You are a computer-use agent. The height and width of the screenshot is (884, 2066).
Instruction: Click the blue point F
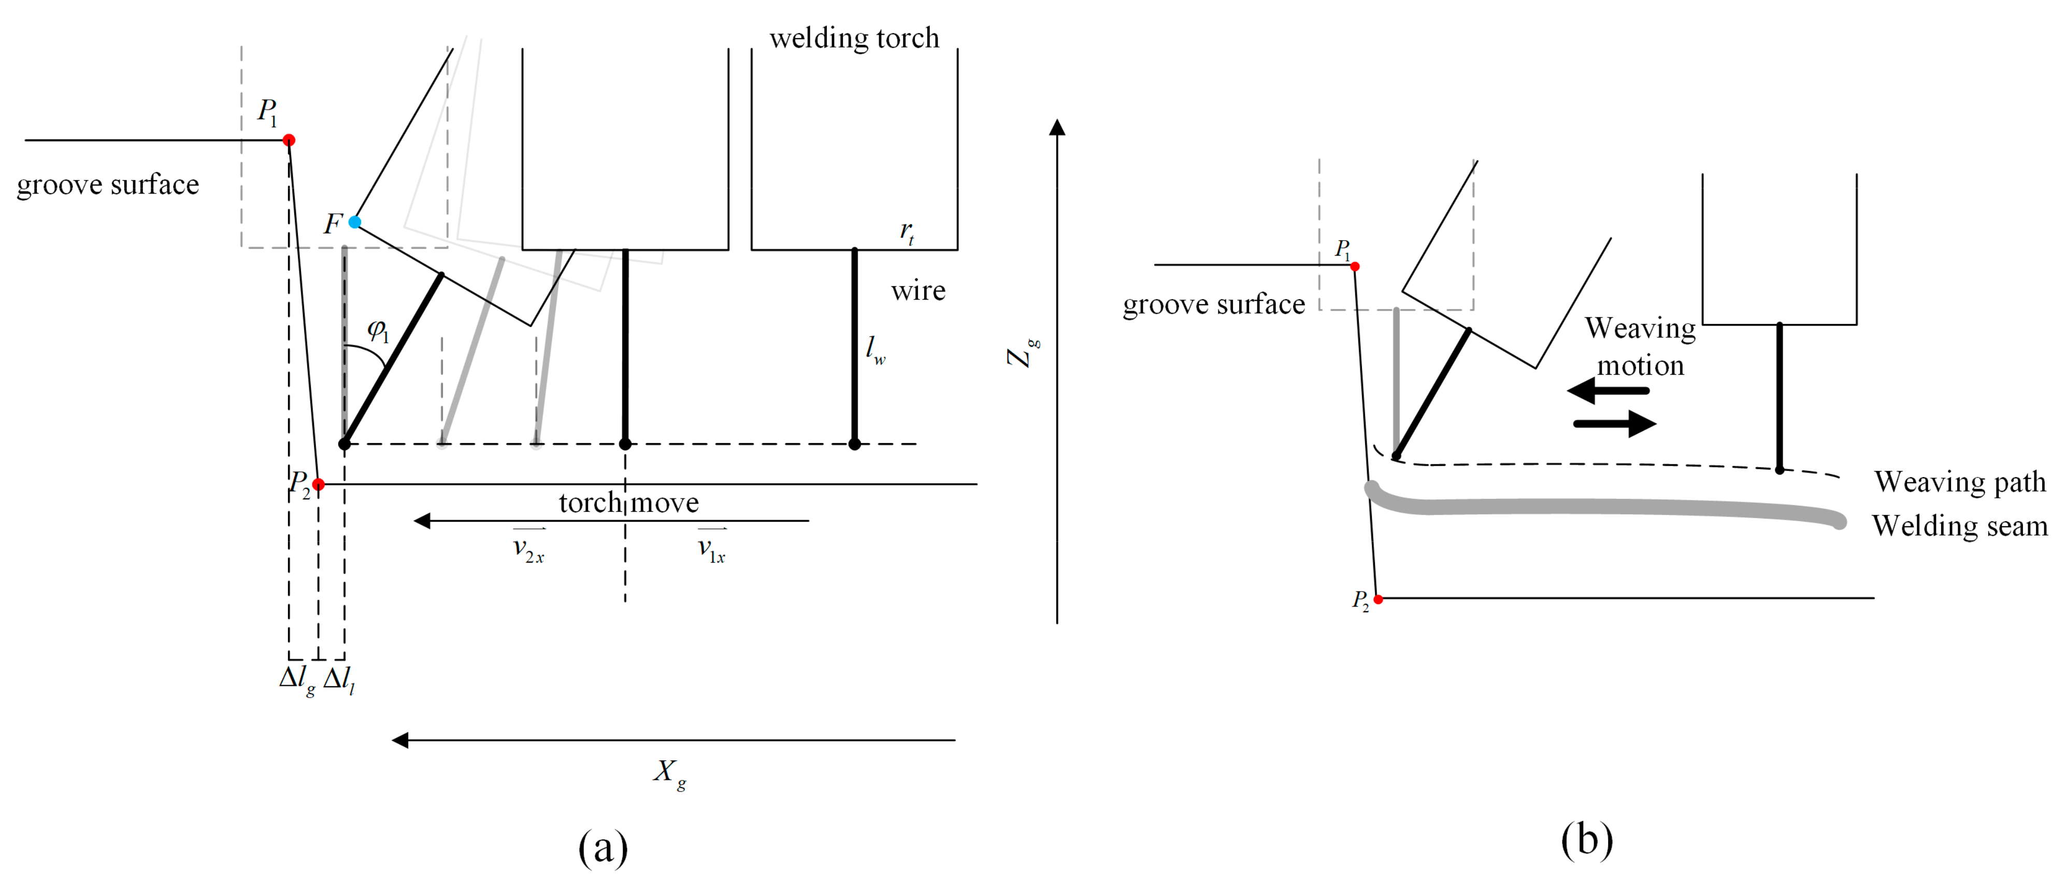click(x=354, y=222)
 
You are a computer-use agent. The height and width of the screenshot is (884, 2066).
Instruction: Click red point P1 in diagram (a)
click(x=289, y=140)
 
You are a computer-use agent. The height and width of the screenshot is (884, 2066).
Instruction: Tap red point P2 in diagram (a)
click(x=319, y=484)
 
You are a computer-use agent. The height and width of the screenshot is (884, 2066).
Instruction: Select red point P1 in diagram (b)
click(x=1355, y=266)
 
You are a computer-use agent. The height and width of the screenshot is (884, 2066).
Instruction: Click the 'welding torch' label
click(x=854, y=38)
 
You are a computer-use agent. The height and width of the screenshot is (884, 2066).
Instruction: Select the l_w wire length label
click(x=875, y=349)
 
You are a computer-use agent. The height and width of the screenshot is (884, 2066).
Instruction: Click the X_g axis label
click(x=669, y=773)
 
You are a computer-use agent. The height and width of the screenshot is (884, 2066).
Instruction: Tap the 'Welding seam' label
click(x=1959, y=526)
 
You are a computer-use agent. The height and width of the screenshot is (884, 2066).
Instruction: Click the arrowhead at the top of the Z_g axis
click(x=1057, y=127)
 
